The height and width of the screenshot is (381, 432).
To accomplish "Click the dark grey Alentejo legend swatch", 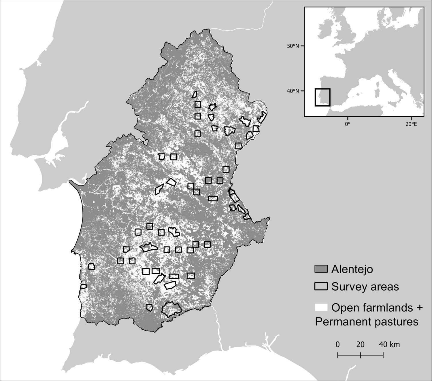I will coord(321,269).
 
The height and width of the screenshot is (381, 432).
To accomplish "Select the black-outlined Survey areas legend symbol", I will coord(321,286).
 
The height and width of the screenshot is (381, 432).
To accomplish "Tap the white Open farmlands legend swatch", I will coord(321,307).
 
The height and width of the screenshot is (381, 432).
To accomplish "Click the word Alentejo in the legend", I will coord(352,269).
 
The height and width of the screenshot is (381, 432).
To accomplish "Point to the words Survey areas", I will coord(365,287).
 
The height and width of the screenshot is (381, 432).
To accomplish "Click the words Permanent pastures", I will coord(367,321).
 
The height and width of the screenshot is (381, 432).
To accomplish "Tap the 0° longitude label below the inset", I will coord(348,124).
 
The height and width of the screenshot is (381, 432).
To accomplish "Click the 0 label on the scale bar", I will coord(337,344).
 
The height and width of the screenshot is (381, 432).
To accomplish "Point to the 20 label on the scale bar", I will coord(360,344).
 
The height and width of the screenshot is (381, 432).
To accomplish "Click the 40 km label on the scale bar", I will coord(389,344).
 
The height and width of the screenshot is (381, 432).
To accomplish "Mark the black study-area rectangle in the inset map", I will coord(322,97).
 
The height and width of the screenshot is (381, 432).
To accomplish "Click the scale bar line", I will coord(360,355).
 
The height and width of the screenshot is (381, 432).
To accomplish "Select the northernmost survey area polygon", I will coord(195,94).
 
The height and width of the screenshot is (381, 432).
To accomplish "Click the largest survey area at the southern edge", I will coord(171,309).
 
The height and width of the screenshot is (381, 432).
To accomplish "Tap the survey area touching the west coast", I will coord(83,287).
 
